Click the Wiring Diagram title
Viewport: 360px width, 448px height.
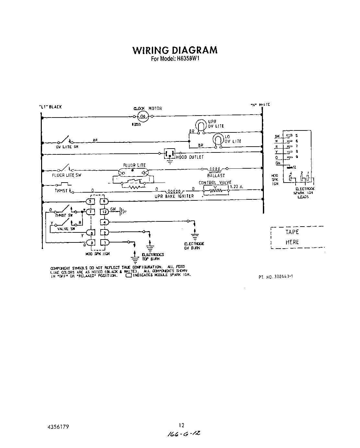(x=175, y=50)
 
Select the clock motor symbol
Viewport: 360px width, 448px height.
(x=142, y=117)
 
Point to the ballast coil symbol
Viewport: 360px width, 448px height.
(x=215, y=169)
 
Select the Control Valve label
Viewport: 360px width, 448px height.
(x=215, y=183)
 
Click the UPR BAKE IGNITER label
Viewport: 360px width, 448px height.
(x=174, y=196)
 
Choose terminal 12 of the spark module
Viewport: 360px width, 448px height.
(x=104, y=212)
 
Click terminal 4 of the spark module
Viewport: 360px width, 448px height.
(x=104, y=222)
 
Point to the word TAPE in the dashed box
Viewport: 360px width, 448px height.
(x=292, y=232)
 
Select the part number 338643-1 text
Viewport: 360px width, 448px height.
(x=276, y=276)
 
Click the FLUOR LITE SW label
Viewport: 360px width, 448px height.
(x=67, y=175)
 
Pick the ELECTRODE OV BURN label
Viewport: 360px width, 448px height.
(x=194, y=246)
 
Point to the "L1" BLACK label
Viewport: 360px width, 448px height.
(x=50, y=107)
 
